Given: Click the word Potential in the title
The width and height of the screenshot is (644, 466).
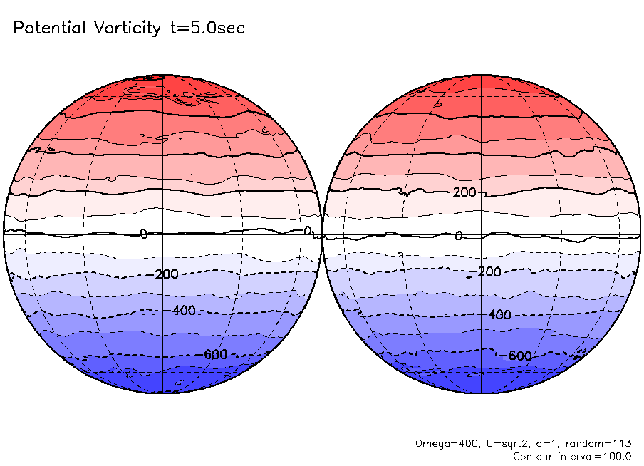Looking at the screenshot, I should (47, 29).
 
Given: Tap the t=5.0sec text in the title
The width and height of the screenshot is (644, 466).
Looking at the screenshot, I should (207, 29).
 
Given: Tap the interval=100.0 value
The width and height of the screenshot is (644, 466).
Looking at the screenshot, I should (601, 456).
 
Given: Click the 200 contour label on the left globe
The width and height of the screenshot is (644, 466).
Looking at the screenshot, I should (166, 274).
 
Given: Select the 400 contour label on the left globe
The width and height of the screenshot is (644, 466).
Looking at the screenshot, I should (184, 311).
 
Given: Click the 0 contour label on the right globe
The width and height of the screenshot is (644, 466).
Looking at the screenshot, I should (459, 236).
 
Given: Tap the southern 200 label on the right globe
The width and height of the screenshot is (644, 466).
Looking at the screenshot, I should (489, 272).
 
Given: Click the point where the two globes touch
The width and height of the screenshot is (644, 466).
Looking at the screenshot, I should (322, 234).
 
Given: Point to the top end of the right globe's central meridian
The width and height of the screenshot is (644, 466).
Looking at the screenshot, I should (482, 74).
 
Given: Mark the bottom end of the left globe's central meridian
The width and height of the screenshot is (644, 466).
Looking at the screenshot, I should (162, 393).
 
